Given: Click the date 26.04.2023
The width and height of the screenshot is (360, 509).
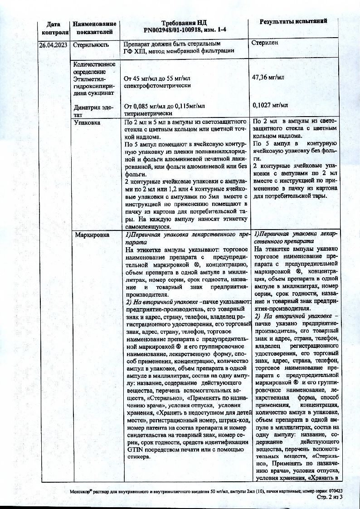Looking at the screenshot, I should (54, 45).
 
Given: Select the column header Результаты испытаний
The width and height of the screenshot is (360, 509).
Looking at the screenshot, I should (293, 22).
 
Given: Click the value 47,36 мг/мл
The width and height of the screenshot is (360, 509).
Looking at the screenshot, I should (268, 78).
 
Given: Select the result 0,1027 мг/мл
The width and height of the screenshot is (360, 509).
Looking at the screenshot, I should (270, 105).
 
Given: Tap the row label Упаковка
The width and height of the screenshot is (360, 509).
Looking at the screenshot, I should (87, 122).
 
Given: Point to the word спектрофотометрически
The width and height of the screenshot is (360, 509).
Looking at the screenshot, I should (157, 85).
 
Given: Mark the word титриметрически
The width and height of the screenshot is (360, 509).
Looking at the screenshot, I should (149, 113).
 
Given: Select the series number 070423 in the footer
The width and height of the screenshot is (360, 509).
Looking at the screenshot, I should (335, 491).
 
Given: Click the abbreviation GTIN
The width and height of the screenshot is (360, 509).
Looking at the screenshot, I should (132, 449).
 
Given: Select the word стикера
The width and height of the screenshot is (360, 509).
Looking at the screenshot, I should (137, 456).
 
